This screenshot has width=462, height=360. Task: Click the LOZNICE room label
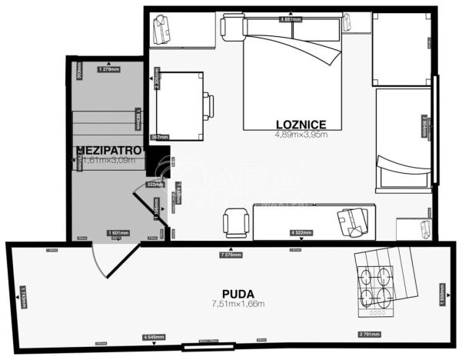pyautogui.click(x=302, y=123)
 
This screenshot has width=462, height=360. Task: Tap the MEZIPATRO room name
pyautogui.click(x=108, y=149)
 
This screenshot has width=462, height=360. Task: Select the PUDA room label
pyautogui.click(x=238, y=292)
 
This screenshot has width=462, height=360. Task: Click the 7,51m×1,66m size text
pyautogui.click(x=238, y=303)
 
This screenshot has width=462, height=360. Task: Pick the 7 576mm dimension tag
pyautogui.click(x=231, y=255)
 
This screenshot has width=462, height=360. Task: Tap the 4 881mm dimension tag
pyautogui.click(x=291, y=18)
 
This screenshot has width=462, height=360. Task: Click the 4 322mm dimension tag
pyautogui.click(x=302, y=232)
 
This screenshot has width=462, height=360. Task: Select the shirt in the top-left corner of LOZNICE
pyautogui.click(x=163, y=31)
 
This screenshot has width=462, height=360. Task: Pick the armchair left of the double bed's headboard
pyautogui.click(x=231, y=27)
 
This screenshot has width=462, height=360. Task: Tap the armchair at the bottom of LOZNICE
pyautogui.click(x=234, y=222)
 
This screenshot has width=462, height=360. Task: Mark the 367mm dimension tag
pyautogui.click(x=159, y=138)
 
